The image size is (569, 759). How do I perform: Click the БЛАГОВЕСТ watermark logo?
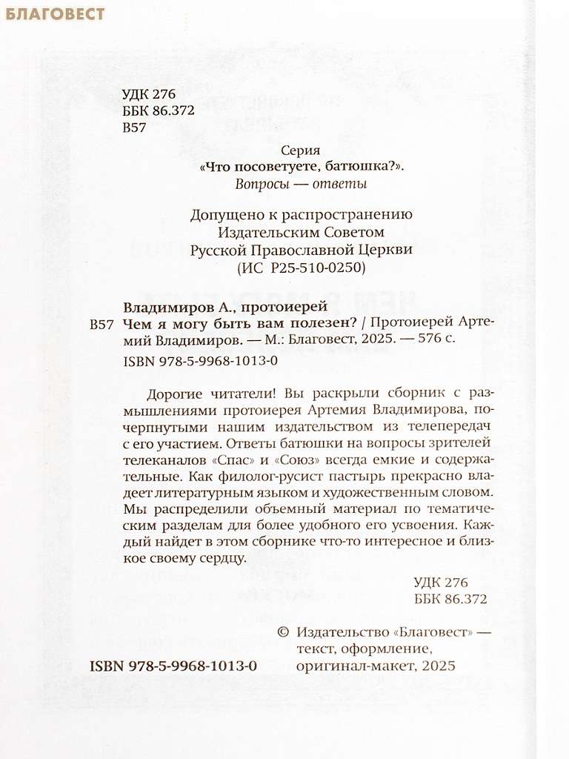(x=55, y=14)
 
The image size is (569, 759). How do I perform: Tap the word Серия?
(x=301, y=150)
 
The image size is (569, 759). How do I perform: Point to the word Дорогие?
(x=174, y=393)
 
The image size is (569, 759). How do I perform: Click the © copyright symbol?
(x=282, y=632)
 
